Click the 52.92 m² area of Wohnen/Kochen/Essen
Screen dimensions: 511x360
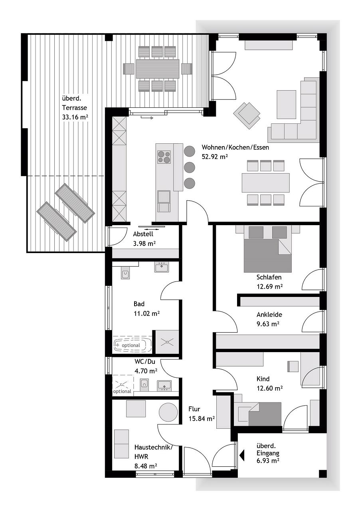tap(215, 156)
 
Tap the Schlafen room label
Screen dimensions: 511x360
tap(269, 277)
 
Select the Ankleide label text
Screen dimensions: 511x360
tap(269, 315)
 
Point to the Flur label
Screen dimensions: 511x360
tap(194, 409)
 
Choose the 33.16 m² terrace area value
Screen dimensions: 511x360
tap(75, 117)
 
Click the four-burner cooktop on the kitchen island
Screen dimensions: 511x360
tap(164, 157)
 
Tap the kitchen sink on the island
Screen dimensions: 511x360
tap(164, 197)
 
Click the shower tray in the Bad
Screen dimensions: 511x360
tap(166, 342)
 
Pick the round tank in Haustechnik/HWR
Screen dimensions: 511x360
tap(168, 412)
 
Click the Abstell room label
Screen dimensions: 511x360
tap(143, 234)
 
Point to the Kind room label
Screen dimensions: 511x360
tap(263, 379)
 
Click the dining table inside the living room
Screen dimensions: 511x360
tap(265, 183)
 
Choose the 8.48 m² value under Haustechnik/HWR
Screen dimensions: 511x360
tap(145, 465)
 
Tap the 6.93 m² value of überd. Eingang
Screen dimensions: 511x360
tap(267, 460)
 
